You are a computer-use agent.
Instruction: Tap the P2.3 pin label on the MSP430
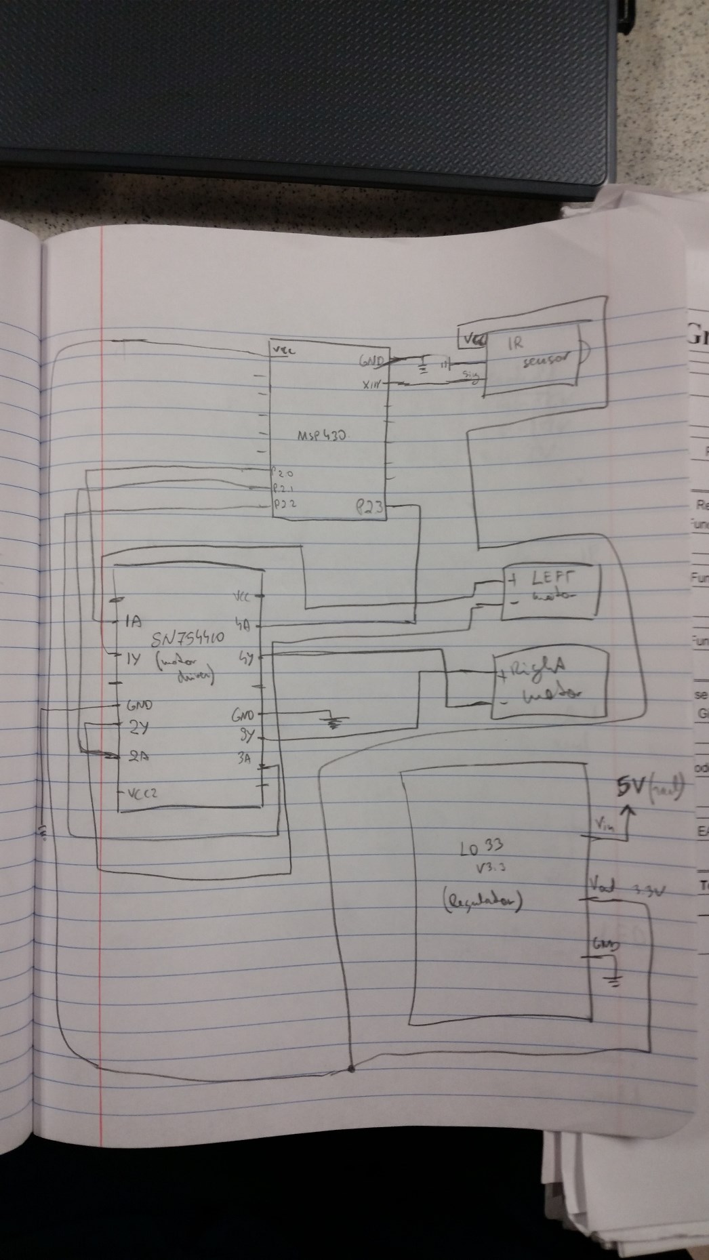(x=369, y=506)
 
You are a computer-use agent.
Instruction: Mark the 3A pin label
(x=245, y=760)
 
